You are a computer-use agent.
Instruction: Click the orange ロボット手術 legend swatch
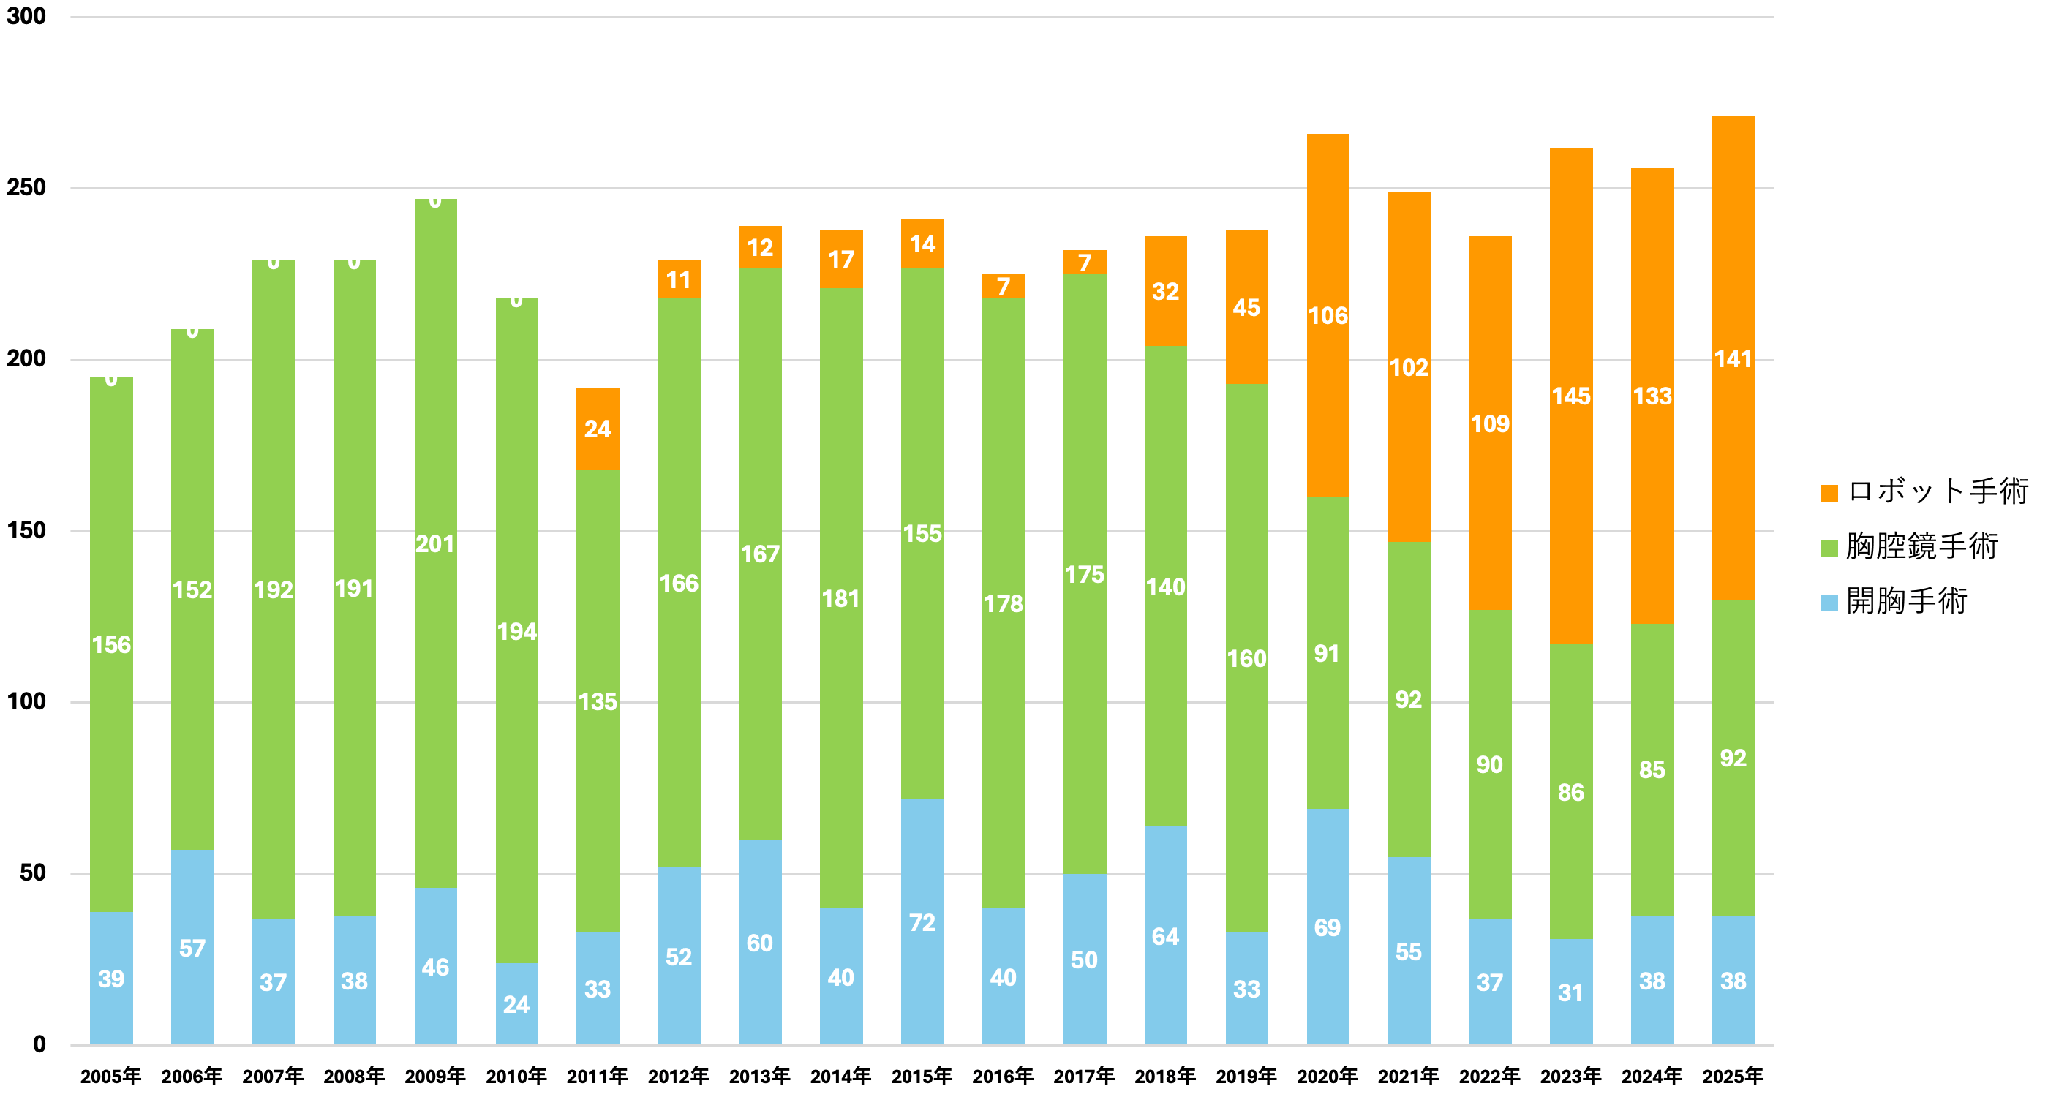coord(1829,493)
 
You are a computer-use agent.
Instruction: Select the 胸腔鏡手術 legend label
coord(1921,547)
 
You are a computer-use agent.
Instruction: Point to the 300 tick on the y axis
coord(26,17)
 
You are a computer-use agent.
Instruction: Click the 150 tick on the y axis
coord(26,530)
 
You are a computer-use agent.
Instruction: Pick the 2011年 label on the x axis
coord(597,1076)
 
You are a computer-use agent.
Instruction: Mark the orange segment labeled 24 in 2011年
coord(597,429)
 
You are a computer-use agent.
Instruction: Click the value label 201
coord(435,543)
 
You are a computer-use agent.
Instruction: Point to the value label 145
coord(1571,396)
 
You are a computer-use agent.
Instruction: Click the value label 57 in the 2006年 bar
coord(192,949)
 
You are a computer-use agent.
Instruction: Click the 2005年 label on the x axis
coord(110,1076)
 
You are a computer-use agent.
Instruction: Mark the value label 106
coord(1328,316)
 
